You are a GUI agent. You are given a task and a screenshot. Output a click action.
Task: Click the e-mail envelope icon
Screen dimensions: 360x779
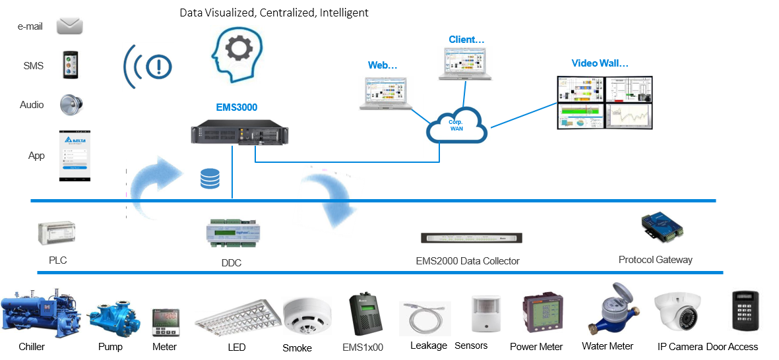(x=70, y=26)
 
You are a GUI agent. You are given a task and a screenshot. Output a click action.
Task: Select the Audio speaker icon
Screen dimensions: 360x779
(x=71, y=105)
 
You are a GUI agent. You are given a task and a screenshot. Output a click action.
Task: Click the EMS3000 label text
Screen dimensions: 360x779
(x=237, y=107)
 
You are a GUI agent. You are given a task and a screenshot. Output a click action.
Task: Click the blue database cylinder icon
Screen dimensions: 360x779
(x=210, y=179)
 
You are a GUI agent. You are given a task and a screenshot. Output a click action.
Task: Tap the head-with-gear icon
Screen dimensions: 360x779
(x=236, y=55)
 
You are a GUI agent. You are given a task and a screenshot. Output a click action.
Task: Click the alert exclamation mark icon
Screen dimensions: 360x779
(x=148, y=67)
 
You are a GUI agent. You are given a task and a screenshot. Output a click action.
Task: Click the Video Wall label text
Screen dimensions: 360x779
(x=599, y=63)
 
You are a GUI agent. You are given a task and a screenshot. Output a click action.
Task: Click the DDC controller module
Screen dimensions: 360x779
(x=233, y=232)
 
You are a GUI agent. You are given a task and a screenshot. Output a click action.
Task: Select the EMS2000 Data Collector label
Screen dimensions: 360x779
(x=468, y=261)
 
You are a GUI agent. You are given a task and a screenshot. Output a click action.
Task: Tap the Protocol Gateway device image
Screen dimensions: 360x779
(x=662, y=228)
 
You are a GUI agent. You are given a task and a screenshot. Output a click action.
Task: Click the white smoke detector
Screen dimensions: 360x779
(x=307, y=315)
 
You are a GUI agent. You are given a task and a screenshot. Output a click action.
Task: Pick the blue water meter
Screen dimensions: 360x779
(x=614, y=309)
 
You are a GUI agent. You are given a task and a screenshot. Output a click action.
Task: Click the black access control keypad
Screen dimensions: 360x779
(x=745, y=311)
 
